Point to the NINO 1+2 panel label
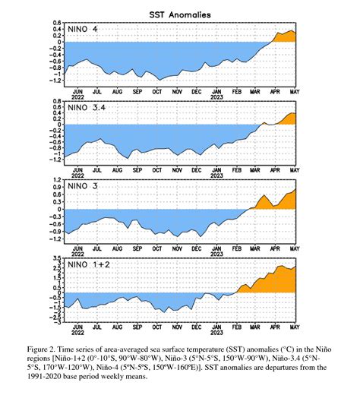pyautogui.click(x=90, y=267)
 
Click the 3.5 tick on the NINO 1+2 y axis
pyautogui.click(x=57, y=259)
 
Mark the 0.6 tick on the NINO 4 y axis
pyautogui.click(x=57, y=23)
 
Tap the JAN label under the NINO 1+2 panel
pyautogui.click(x=216, y=327)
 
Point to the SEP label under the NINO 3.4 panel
pyautogui.click(x=137, y=169)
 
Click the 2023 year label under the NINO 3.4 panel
pyautogui.click(x=216, y=175)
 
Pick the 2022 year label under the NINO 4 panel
pyautogui.click(x=77, y=96)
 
